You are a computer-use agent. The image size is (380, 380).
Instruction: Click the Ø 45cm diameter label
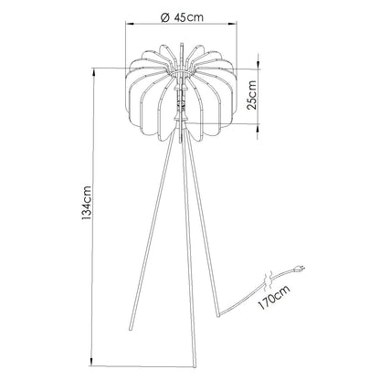pyautogui.click(x=189, y=16)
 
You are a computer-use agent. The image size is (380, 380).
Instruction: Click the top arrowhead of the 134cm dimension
pyautogui.click(x=99, y=69)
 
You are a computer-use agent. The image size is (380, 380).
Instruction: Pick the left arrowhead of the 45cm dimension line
pyautogui.click(x=129, y=26)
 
